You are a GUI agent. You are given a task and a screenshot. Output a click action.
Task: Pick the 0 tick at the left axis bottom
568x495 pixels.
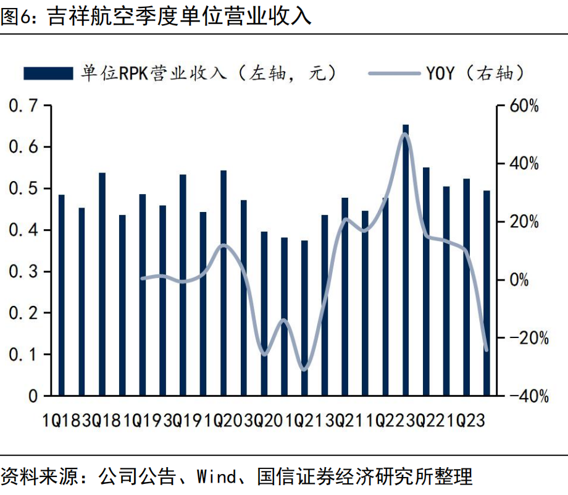coord(33,396)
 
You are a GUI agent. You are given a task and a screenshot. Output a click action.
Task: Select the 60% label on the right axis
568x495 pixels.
coord(524,106)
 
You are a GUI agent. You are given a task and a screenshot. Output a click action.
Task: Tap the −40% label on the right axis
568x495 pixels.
coord(524,396)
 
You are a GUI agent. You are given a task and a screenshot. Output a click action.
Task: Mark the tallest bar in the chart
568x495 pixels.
coord(406,260)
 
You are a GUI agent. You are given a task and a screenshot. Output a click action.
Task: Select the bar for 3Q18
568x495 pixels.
coord(102,284)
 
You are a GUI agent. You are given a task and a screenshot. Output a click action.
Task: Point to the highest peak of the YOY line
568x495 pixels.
coord(406,134)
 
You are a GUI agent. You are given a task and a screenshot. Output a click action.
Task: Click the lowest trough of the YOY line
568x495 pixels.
coord(303,370)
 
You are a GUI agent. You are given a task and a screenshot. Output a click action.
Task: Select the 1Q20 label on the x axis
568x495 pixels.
coord(224,421)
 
